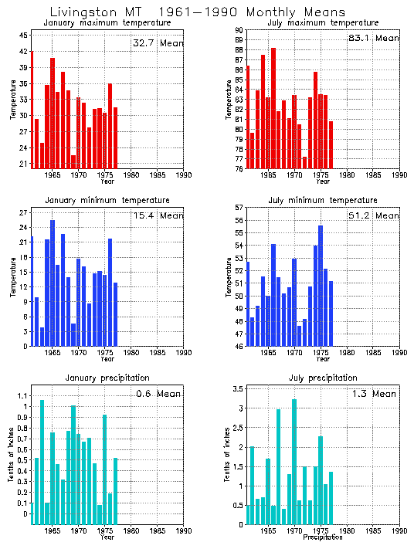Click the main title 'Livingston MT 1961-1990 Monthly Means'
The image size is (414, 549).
198,12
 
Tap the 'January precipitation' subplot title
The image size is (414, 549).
107,378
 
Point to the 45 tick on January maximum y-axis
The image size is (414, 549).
24,36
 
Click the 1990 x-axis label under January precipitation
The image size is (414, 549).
184,530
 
